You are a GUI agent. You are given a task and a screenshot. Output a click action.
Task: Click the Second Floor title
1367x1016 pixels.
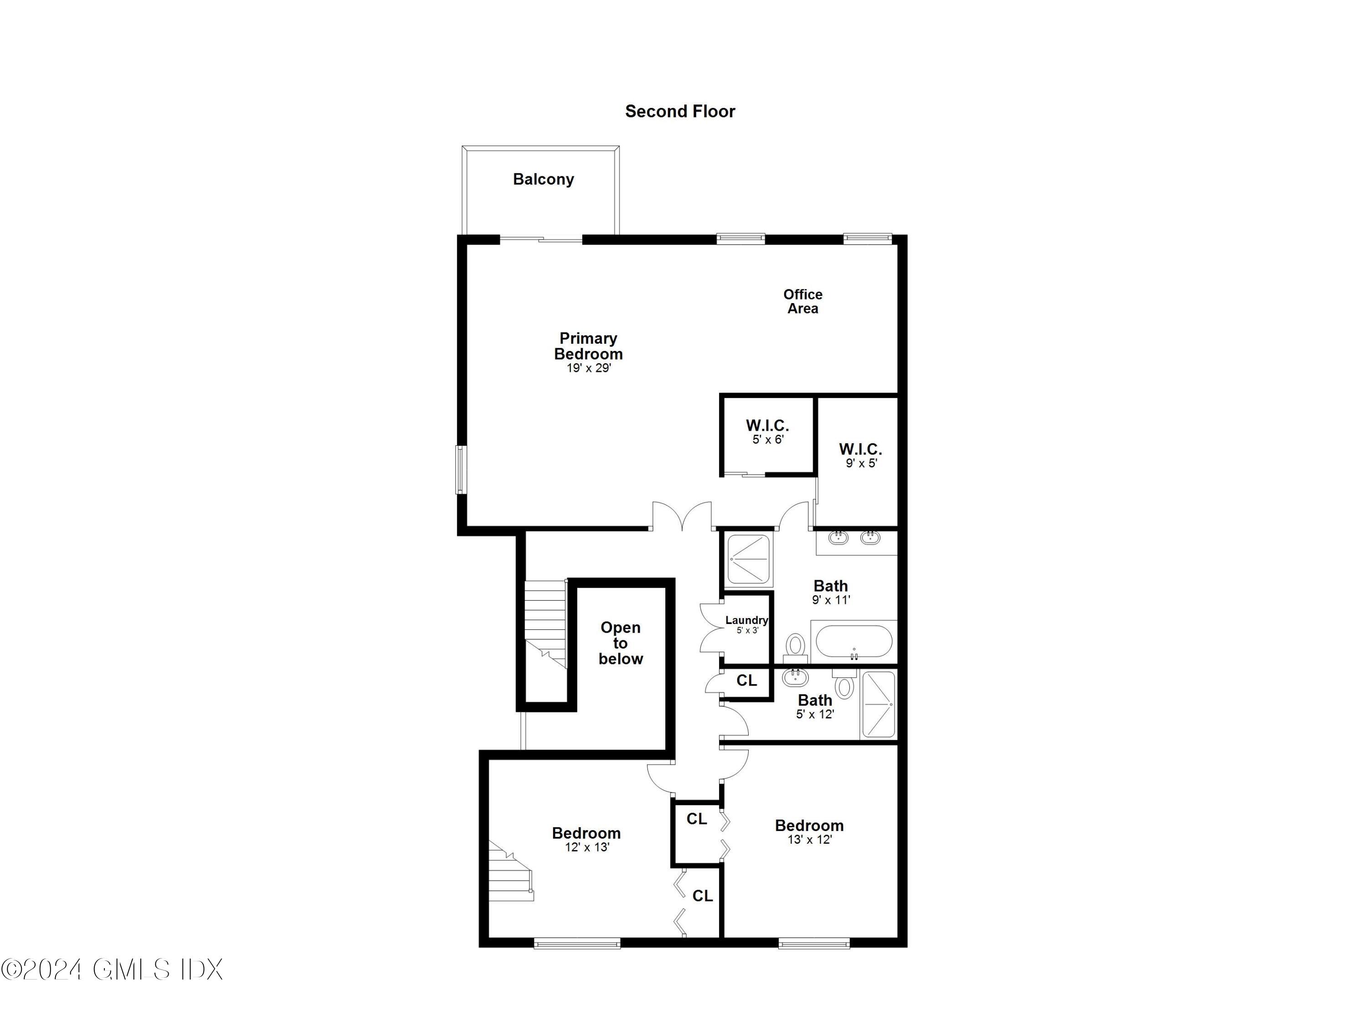coord(680,111)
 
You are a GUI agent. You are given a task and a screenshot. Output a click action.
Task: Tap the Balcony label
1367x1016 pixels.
coord(543,179)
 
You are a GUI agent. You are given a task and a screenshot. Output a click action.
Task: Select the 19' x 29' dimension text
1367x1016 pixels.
coord(588,368)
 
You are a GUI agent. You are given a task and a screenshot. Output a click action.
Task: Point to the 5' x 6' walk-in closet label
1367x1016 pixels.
coord(767,431)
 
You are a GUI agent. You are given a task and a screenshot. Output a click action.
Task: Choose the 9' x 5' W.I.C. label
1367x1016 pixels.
coord(860,455)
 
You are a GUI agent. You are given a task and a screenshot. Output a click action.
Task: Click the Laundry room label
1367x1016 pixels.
coord(746,624)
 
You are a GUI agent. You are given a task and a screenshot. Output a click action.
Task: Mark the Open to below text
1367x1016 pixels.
coord(620,643)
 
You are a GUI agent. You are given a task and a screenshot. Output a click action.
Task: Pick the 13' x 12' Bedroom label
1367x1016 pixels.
coord(809,831)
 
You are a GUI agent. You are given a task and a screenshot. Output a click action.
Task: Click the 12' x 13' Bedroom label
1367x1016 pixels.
coord(586,839)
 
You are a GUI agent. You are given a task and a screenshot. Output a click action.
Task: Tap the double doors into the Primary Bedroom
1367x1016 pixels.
coord(682,516)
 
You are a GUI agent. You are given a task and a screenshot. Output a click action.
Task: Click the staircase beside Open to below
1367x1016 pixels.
coord(545,624)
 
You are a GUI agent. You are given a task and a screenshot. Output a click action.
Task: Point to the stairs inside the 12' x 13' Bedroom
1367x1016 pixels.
coord(510,873)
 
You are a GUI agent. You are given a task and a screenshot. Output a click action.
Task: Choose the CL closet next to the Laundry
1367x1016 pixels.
coord(746,681)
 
